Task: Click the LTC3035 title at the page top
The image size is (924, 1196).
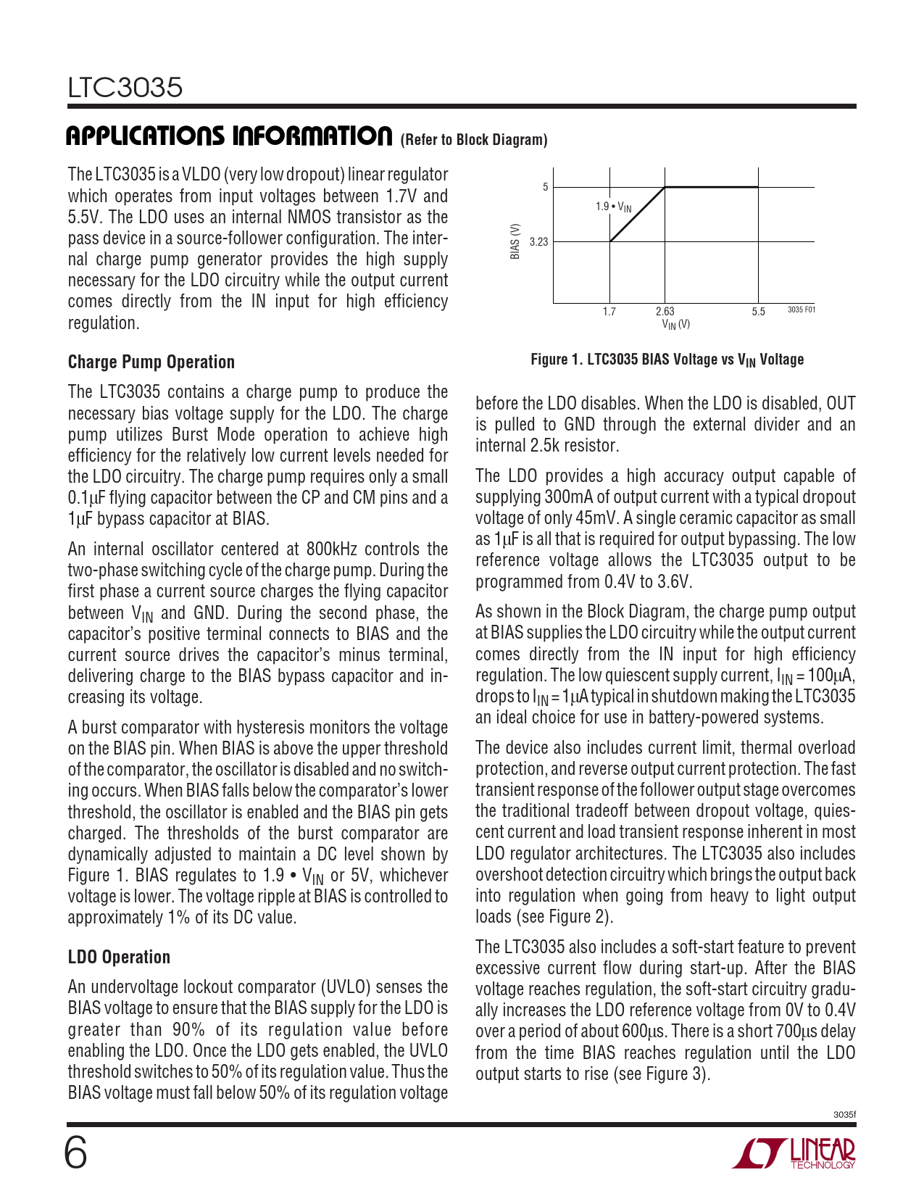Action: (125, 88)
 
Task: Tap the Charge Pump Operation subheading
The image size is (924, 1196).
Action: (151, 362)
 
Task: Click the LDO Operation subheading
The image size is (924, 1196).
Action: (119, 957)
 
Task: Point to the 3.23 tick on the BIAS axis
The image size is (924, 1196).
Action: (538, 242)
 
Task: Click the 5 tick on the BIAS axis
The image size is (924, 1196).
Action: (546, 187)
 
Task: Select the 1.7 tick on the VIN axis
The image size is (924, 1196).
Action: (609, 312)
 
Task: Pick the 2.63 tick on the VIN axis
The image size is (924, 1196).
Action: (665, 311)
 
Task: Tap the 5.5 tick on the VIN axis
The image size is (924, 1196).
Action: (758, 312)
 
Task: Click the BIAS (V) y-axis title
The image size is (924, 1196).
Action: (515, 241)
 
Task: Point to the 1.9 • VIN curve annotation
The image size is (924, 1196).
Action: (613, 207)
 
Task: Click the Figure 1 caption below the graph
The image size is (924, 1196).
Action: (667, 360)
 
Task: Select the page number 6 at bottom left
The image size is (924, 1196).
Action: (76, 1153)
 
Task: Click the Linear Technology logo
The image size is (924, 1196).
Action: (794, 1154)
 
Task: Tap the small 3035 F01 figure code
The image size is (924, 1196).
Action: (801, 310)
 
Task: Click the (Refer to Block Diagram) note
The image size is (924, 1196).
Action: (473, 140)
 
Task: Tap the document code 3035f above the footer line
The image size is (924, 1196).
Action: (844, 1115)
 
